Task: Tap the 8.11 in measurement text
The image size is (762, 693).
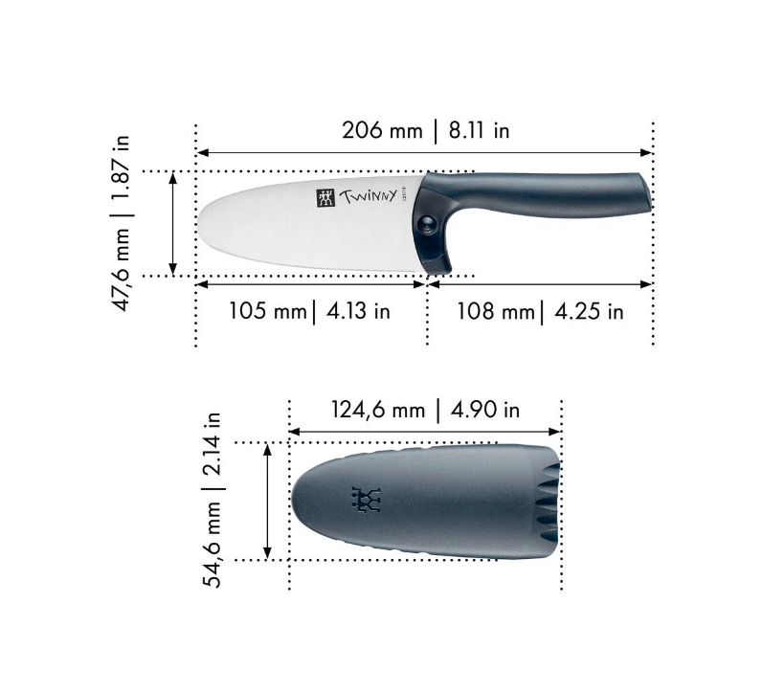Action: click(475, 131)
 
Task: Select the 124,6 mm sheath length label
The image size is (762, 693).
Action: click(377, 410)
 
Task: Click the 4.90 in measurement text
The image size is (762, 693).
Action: click(484, 410)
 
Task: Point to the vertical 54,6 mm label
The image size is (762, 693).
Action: click(213, 544)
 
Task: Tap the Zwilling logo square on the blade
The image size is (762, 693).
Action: click(324, 198)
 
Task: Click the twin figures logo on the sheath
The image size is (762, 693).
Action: click(367, 500)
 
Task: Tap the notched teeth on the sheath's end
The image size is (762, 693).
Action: click(548, 501)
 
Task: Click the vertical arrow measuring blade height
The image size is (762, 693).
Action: click(172, 223)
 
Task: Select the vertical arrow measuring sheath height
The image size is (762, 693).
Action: click(268, 501)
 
